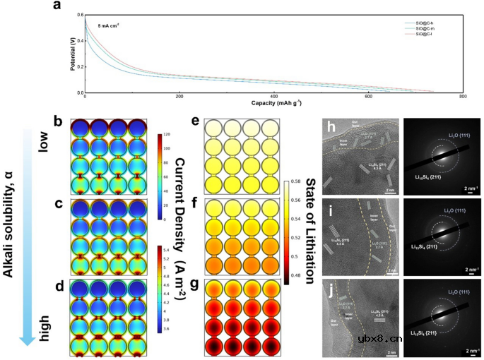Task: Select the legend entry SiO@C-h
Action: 423,23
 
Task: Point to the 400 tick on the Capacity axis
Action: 273,97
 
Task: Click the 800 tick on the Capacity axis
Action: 462,97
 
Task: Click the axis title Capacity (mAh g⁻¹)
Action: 273,103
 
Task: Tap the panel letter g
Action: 194,286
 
